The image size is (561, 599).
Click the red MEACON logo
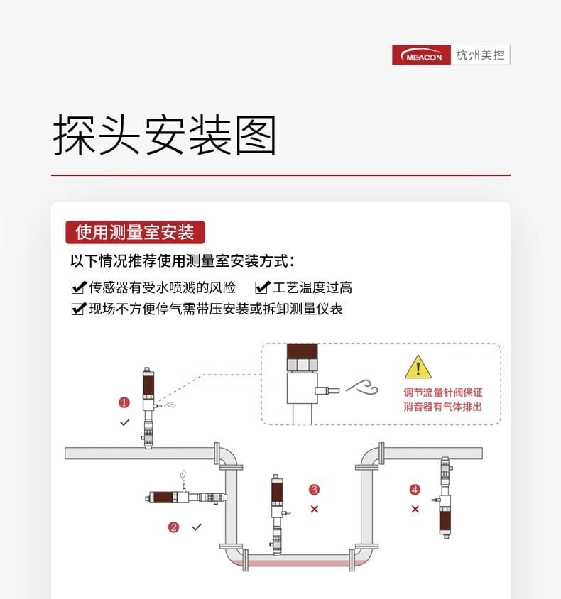click(x=422, y=55)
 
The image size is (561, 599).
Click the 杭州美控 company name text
click(x=481, y=55)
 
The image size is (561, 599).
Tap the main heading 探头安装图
click(x=164, y=136)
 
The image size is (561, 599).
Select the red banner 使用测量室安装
click(x=135, y=232)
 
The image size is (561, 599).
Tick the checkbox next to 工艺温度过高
click(x=262, y=287)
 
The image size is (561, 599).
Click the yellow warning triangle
click(x=418, y=368)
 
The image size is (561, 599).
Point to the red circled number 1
click(x=124, y=402)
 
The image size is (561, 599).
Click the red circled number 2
click(x=173, y=527)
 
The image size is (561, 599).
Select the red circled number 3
click(x=315, y=489)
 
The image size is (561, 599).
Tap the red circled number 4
click(x=415, y=489)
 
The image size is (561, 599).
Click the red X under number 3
click(x=315, y=509)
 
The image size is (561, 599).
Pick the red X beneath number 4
click(x=415, y=509)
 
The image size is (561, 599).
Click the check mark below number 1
click(x=125, y=422)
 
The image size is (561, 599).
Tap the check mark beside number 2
click(x=197, y=527)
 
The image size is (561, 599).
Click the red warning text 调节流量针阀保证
click(x=442, y=393)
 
